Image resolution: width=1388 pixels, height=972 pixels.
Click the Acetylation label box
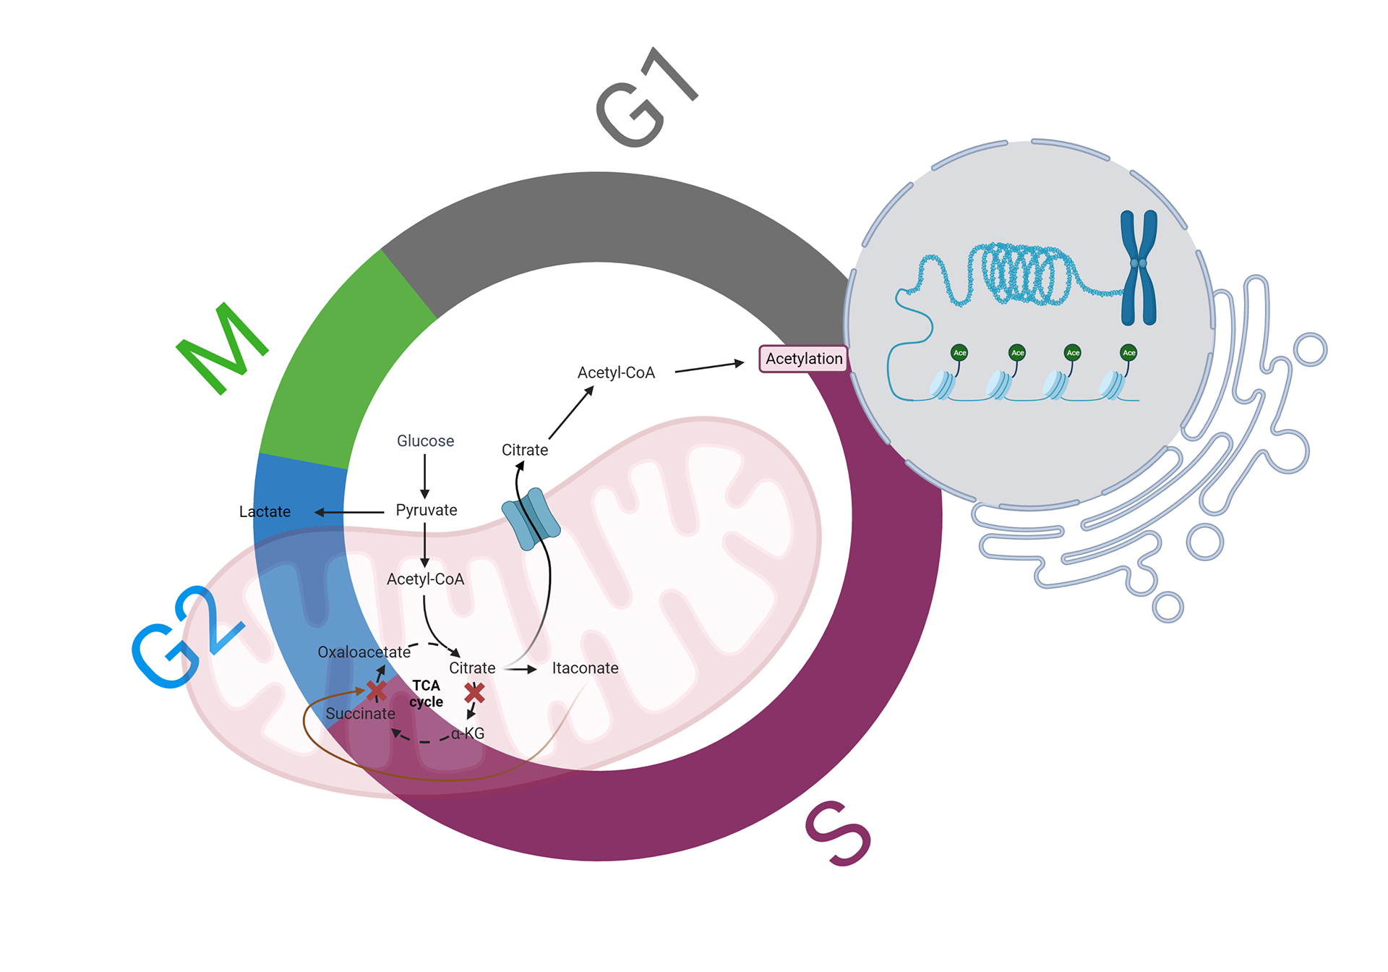[803, 359]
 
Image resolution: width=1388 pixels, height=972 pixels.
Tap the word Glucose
[425, 441]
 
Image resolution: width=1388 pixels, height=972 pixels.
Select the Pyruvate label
[427, 511]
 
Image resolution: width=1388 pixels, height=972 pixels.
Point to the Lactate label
[265, 512]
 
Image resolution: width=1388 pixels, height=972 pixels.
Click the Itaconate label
[585, 668]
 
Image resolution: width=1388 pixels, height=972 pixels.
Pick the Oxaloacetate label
[364, 652]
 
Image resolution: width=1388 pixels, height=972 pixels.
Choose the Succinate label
[360, 714]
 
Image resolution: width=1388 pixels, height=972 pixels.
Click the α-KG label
[468, 733]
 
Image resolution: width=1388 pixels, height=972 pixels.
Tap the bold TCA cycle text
[426, 694]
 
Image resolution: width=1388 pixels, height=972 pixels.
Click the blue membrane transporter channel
[531, 519]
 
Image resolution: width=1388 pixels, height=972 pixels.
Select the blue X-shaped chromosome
[1139, 268]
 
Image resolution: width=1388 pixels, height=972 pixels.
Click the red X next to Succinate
[376, 691]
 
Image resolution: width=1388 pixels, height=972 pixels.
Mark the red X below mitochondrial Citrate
[475, 693]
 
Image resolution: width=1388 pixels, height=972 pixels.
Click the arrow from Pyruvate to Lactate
[350, 512]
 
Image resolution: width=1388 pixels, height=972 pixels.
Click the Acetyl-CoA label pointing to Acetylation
[616, 373]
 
